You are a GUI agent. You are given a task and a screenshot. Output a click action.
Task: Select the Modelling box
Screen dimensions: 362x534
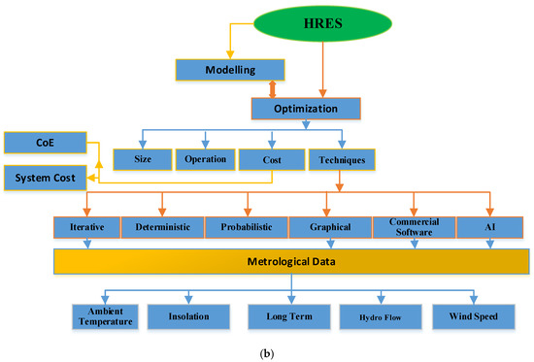[x=230, y=70]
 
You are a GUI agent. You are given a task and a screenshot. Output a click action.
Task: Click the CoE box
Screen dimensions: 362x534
[x=45, y=144]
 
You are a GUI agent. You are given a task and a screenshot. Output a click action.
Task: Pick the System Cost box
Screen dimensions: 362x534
[x=45, y=178]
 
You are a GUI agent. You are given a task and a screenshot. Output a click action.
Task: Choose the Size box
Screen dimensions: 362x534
[x=143, y=158]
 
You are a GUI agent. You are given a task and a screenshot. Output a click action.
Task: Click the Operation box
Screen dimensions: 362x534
[x=204, y=158]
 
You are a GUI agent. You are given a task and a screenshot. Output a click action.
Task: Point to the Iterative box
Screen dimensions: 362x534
[x=85, y=228]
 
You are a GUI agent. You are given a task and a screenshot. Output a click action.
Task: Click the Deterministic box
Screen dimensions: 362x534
[x=162, y=228]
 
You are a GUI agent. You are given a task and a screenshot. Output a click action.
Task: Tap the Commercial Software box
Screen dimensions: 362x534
[x=415, y=227]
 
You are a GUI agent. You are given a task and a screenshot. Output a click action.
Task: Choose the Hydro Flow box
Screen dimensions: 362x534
[x=374, y=315]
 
